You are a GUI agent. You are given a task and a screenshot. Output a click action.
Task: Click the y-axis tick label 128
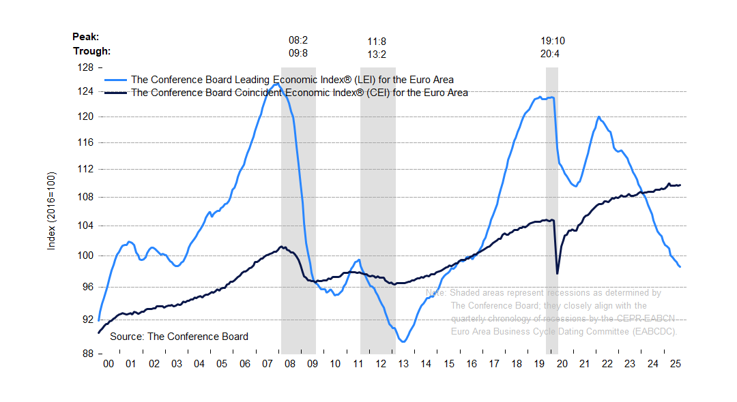85,68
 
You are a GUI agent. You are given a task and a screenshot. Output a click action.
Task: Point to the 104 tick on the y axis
85,226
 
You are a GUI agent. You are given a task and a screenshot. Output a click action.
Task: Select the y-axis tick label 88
87,354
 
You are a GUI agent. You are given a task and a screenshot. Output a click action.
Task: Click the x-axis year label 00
109,365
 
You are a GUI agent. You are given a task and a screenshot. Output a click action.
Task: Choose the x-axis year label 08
289,365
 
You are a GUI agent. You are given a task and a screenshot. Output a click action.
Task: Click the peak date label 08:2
298,41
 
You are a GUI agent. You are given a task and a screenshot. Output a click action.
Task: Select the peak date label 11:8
377,41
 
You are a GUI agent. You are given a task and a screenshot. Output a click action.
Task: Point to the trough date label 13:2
377,54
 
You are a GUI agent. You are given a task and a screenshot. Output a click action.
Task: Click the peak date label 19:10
553,41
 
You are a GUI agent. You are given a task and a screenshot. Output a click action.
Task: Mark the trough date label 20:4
550,54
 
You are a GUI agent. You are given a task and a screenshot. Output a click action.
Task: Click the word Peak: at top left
86,37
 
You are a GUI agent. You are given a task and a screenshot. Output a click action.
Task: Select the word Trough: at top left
91,50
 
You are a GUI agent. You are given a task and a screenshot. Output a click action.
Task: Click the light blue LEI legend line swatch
115,80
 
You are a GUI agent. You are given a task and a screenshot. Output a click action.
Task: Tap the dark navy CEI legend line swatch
115,93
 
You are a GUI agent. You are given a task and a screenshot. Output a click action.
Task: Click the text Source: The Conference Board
179,337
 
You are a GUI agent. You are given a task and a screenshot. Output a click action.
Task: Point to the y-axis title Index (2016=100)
51,211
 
